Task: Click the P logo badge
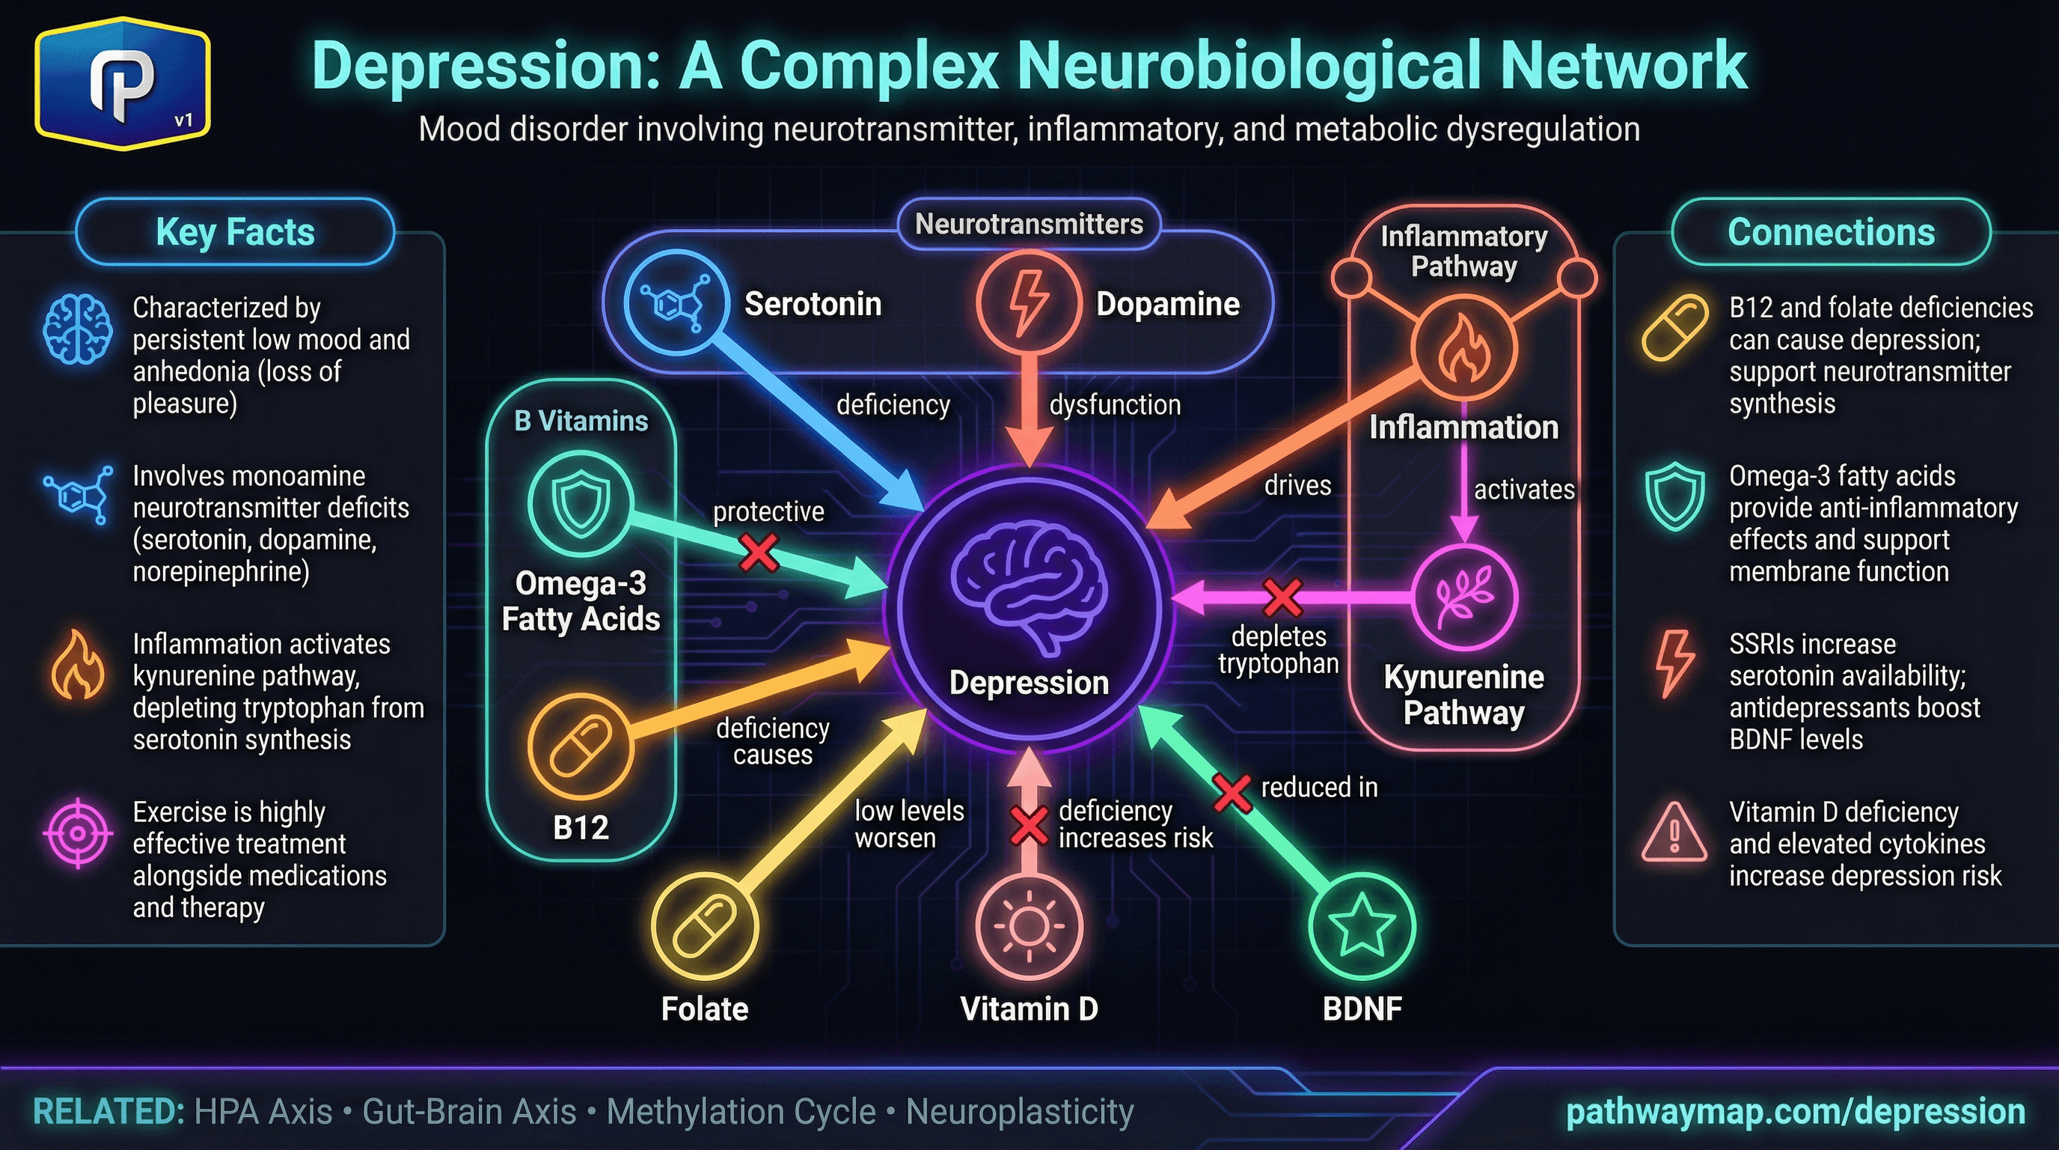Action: tap(122, 83)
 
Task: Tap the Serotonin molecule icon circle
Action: tap(676, 303)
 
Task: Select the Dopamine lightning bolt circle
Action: tap(1029, 303)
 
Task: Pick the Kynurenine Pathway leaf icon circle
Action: tap(1463, 597)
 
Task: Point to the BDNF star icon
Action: tap(1362, 926)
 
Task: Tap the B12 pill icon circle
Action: tap(581, 746)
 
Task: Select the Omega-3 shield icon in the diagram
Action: tap(581, 503)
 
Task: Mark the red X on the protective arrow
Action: tap(759, 552)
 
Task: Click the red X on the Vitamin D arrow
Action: tap(1029, 825)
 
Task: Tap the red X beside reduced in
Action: tap(1232, 793)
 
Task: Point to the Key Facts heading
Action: tap(235, 232)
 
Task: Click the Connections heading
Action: tap(1830, 232)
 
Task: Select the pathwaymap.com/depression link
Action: tap(1795, 1111)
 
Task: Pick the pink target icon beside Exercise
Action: tap(78, 833)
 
